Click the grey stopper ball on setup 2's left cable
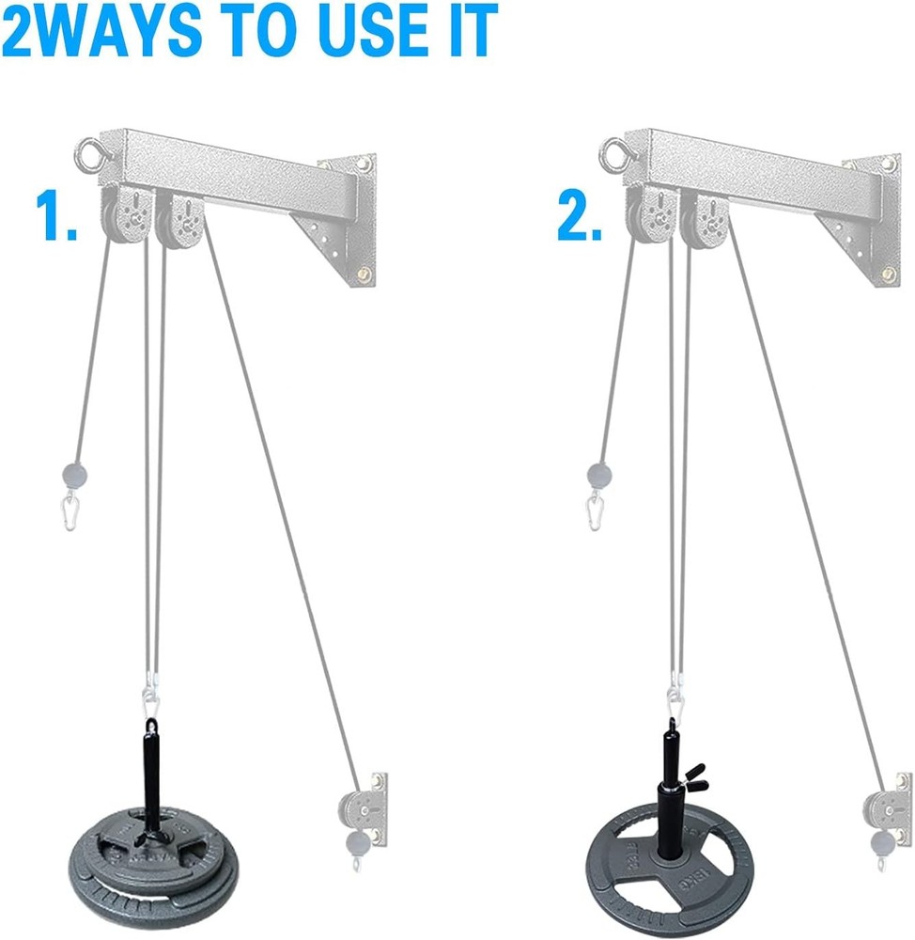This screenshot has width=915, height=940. coord(598,472)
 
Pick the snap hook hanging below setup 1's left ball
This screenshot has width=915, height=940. coord(71,513)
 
